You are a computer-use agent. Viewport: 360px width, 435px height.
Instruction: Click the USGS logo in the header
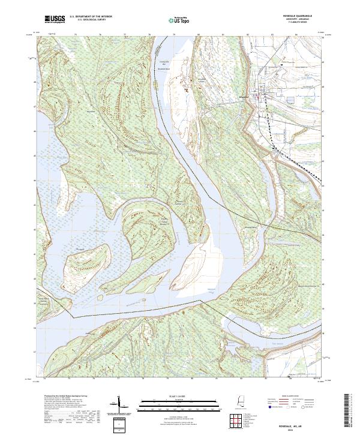[x=55, y=19]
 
